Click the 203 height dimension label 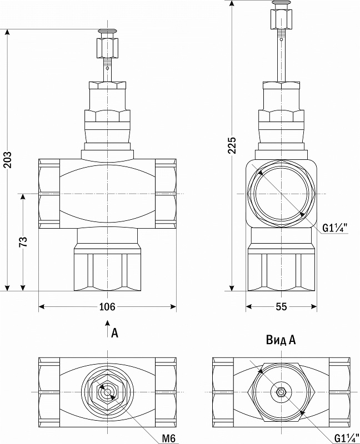click(8, 160)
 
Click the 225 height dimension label click(232, 145)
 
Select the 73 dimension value click(23, 241)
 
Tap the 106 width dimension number click(107, 307)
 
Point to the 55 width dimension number click(281, 307)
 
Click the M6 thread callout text click(169, 438)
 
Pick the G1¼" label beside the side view click(335, 228)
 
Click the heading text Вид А click(281, 340)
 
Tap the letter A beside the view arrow click(114, 333)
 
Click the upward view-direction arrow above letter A click(107, 329)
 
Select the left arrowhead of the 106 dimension click(42, 306)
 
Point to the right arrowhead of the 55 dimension click(314, 306)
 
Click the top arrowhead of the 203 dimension click(8, 32)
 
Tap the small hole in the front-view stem click(107, 68)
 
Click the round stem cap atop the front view click(107, 31)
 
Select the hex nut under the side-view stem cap click(281, 19)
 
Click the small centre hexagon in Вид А click(281, 392)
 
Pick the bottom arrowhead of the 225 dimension click(232, 287)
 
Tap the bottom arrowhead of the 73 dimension click(23, 287)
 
